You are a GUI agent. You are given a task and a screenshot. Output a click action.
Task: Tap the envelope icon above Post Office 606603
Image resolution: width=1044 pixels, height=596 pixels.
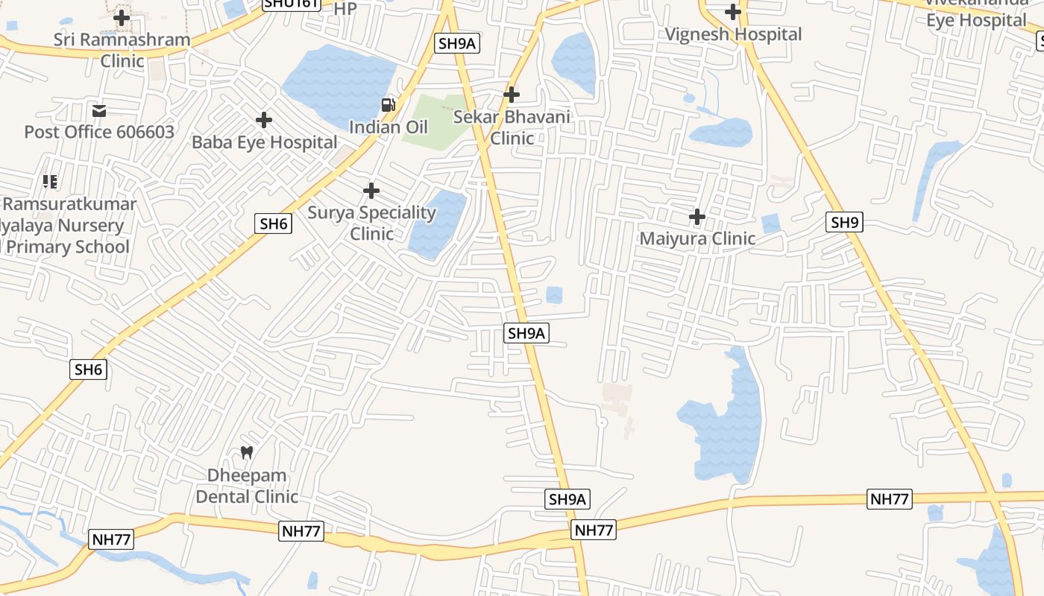pos(99,111)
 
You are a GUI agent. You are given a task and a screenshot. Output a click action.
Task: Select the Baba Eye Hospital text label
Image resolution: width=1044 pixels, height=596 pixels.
pos(265,142)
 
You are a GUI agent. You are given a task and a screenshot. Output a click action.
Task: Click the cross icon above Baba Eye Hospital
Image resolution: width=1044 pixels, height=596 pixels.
pos(264,119)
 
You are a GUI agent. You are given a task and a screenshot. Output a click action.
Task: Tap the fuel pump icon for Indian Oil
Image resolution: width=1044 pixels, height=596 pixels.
pos(389,105)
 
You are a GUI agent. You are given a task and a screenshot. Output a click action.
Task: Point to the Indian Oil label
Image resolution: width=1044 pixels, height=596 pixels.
pos(389,127)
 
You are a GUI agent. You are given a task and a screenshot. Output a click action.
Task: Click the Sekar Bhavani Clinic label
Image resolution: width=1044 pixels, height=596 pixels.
pos(512,127)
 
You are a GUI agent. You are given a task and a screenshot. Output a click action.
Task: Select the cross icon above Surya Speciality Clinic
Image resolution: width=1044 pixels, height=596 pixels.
pos(371,191)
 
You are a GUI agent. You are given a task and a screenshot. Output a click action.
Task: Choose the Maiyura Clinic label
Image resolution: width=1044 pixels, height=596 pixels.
pos(697,239)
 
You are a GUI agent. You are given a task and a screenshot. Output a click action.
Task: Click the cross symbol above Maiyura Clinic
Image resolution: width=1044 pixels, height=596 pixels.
pos(697,217)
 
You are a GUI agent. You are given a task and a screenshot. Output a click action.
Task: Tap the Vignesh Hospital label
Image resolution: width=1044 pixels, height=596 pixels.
pos(733,34)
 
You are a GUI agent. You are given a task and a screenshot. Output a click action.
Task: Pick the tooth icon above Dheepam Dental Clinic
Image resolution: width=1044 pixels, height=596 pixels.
pos(247,452)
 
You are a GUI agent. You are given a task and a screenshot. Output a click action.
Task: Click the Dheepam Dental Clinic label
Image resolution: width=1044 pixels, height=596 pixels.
pos(247,486)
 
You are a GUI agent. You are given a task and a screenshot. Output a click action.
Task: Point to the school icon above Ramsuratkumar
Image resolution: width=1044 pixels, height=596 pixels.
pos(50,182)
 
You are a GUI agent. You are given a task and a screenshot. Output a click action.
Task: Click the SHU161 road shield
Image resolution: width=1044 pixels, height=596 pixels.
pos(292,4)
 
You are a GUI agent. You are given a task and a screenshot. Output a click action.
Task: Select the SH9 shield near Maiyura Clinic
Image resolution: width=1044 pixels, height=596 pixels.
pos(845,222)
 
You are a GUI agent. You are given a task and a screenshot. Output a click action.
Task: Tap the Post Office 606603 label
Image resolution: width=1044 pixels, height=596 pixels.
pos(99,133)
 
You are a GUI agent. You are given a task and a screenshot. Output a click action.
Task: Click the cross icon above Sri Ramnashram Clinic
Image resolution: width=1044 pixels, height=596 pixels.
pos(122,17)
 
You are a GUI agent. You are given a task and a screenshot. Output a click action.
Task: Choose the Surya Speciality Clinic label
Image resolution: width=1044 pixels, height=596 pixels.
pos(371,223)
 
